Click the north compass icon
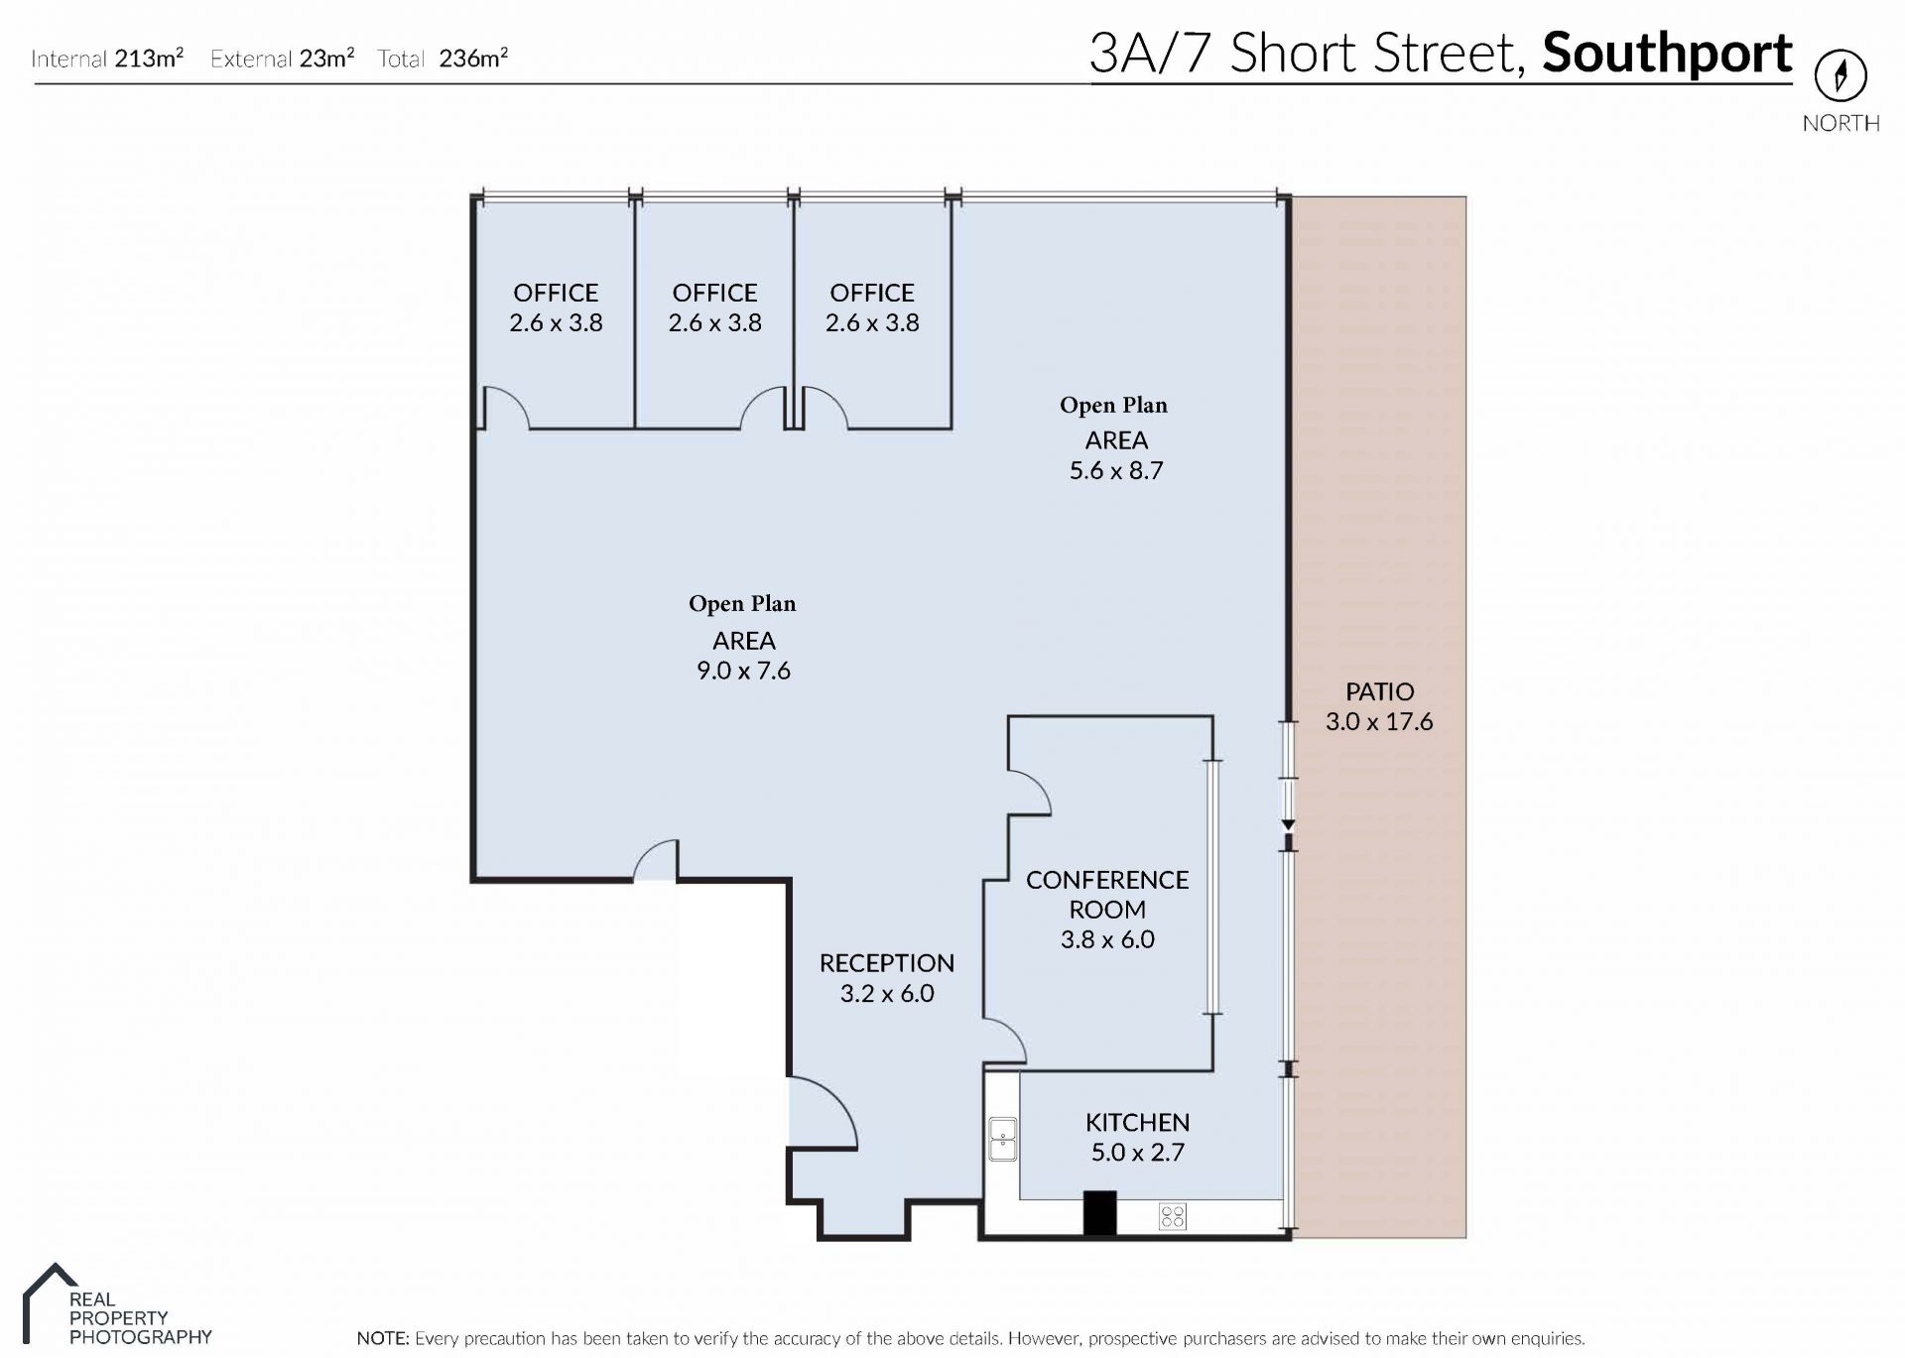[x=1841, y=75]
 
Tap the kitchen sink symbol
[x=1003, y=1138]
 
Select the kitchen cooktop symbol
[x=1172, y=1216]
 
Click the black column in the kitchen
[x=1099, y=1212]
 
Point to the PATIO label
[x=1379, y=691]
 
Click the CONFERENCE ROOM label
[x=1107, y=894]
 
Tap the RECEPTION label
[x=887, y=963]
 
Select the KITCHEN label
[x=1137, y=1122]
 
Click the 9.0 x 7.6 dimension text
[x=743, y=671]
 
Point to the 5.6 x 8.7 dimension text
[x=1116, y=470]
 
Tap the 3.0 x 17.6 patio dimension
[x=1379, y=721]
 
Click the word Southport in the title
[x=1667, y=53]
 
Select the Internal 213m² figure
[x=107, y=59]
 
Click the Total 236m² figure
[x=443, y=59]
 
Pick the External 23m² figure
[x=283, y=59]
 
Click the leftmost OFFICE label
[x=556, y=293]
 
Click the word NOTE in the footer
[x=381, y=1338]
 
